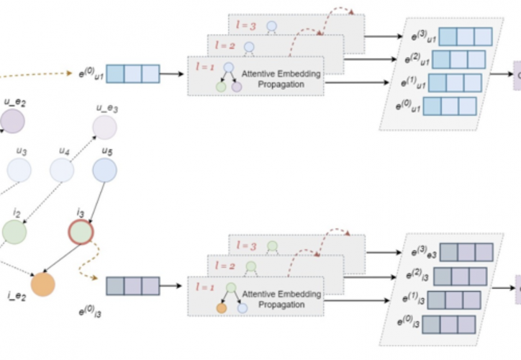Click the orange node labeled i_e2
coord(42,284)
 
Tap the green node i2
coord(14,232)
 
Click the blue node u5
coord(104,170)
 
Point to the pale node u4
coord(62,170)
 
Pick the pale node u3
coord(19,170)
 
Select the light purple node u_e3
coord(104,127)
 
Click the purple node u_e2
coord(12,121)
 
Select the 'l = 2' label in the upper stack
coord(225,46)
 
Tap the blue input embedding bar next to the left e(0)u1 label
coord(132,73)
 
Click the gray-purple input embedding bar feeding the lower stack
coord(132,286)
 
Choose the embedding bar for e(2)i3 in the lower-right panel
coord(460,276)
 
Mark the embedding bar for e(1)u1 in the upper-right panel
coord(455,83)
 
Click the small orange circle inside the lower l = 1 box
coord(222,307)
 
